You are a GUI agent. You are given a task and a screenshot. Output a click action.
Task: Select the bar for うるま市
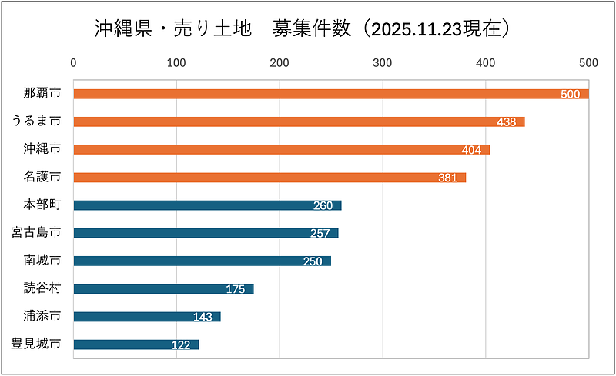[299, 121]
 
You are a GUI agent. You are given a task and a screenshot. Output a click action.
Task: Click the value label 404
[471, 150]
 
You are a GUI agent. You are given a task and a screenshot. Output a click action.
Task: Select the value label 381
[448, 178]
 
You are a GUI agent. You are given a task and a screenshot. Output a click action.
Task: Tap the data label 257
[320, 234]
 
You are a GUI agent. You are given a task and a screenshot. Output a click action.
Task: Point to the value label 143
[203, 317]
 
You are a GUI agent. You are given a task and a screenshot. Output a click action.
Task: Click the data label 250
[313, 261]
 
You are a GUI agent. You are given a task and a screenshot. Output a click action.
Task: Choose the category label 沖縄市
[42, 148]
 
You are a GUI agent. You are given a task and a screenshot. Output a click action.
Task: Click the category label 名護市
[42, 176]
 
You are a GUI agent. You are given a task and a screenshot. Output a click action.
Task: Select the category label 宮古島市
[36, 232]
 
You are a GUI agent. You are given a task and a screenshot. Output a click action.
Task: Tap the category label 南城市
[42, 260]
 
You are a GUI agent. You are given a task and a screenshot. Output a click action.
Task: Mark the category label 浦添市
[42, 316]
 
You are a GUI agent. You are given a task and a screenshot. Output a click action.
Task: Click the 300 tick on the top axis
[383, 62]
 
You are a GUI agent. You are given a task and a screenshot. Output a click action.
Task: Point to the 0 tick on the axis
[73, 62]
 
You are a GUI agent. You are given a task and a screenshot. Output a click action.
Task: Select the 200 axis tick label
[280, 62]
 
